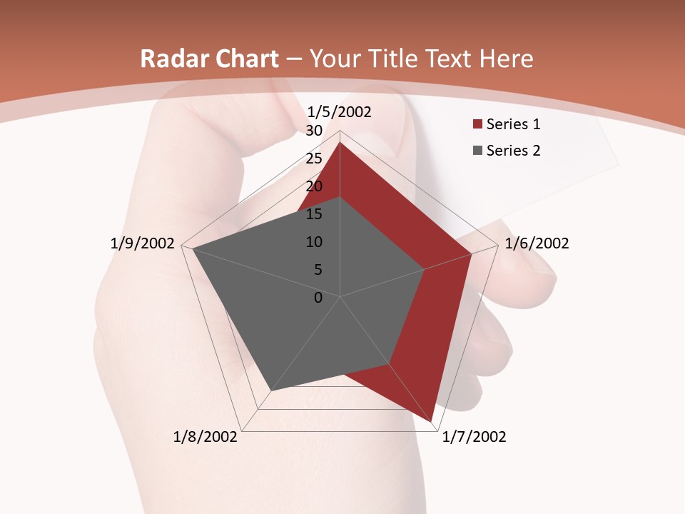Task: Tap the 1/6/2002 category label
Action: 537,243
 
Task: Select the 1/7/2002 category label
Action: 474,437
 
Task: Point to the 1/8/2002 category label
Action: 205,437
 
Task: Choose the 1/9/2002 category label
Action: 143,243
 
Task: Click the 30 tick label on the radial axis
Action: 314,131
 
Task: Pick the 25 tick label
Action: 314,158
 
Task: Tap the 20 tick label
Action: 314,186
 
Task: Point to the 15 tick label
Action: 314,214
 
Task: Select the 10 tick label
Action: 314,242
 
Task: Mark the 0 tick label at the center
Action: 318,298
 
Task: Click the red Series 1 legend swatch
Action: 477,125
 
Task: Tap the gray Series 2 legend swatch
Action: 477,151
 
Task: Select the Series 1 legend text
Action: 513,125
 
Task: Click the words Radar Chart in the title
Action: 209,59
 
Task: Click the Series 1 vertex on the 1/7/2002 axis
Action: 432,422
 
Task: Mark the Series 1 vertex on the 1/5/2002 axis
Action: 340,142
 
